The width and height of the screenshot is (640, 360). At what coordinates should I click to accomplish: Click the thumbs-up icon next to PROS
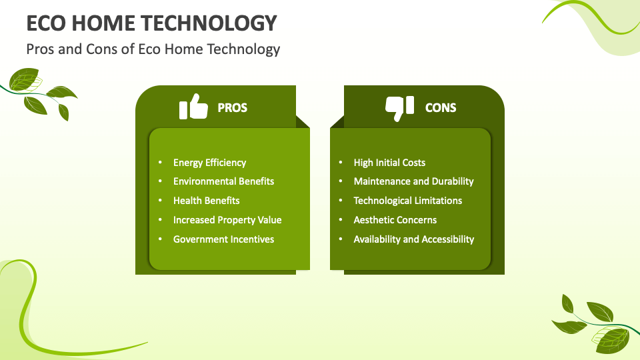(193, 107)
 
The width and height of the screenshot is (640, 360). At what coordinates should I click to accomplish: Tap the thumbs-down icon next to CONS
(399, 109)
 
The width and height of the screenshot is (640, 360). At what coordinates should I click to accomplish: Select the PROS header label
(232, 108)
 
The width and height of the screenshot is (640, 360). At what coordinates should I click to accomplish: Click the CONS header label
(441, 108)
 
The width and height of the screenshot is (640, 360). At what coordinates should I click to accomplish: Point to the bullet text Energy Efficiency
(209, 163)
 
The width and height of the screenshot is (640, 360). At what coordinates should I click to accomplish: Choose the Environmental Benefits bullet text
(223, 181)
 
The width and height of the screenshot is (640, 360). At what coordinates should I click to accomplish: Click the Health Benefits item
(206, 201)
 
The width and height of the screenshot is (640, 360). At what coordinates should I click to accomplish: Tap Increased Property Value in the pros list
(227, 220)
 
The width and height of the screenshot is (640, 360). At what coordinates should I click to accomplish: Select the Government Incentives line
(223, 239)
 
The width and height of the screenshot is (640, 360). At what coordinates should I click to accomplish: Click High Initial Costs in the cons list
(389, 163)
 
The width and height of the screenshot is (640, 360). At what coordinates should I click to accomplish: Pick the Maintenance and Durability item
(413, 181)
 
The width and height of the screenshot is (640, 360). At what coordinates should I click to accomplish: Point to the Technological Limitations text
(408, 201)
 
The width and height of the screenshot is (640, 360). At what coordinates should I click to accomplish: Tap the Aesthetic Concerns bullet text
(395, 220)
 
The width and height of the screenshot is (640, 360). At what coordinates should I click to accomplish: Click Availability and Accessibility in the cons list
(414, 239)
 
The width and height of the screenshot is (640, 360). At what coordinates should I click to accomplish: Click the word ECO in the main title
(46, 23)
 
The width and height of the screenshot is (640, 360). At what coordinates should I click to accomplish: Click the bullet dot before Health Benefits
(160, 201)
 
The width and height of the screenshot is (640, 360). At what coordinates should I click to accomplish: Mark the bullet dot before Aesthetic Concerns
(341, 219)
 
